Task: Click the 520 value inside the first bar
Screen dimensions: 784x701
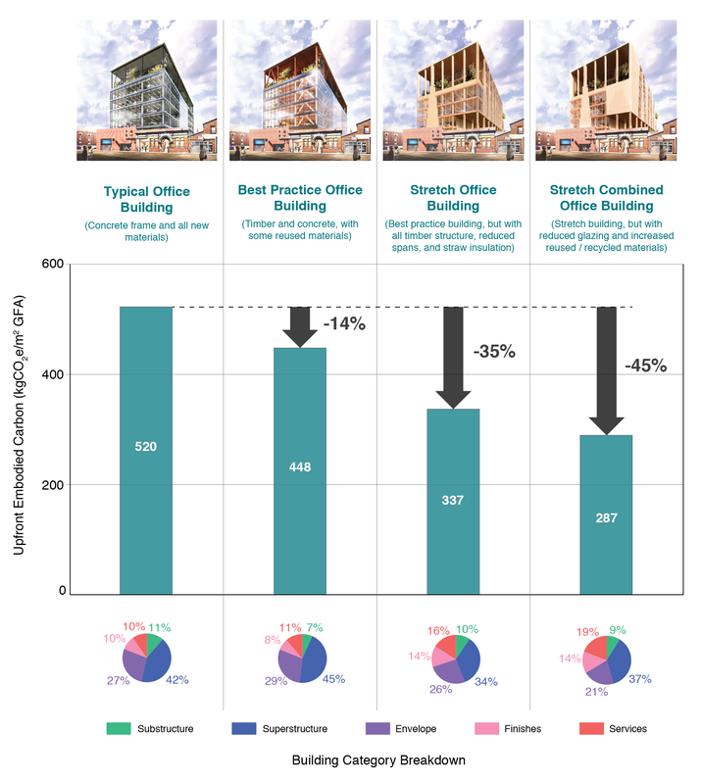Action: click(145, 447)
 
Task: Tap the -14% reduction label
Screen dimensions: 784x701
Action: click(344, 323)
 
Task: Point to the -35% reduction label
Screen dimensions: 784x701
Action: click(493, 351)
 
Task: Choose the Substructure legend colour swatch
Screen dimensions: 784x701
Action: click(118, 728)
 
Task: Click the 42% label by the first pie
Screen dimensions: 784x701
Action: click(176, 679)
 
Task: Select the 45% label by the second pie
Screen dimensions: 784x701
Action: click(332, 679)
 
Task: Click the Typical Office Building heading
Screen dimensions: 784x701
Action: click(146, 199)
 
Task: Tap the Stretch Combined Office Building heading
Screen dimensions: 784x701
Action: click(606, 198)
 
